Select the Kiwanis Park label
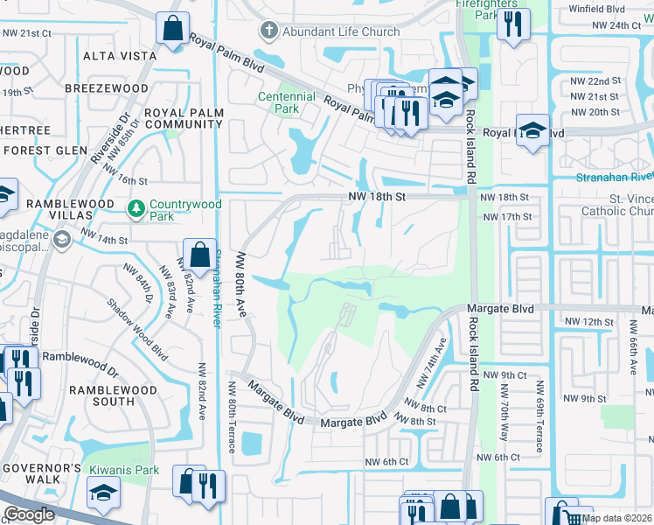[x=122, y=470]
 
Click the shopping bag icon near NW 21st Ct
[x=172, y=27]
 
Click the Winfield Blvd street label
[x=621, y=10]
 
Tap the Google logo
[x=29, y=514]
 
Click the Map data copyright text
[x=616, y=518]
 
